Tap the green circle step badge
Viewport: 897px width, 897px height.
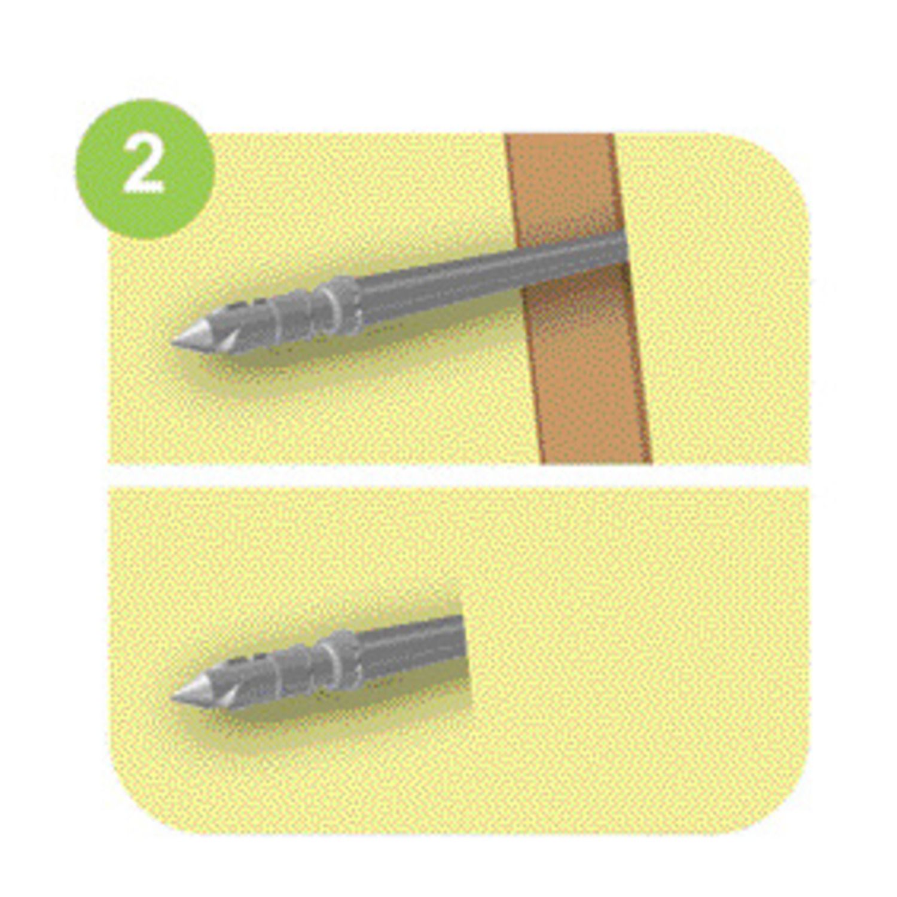coord(145,169)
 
